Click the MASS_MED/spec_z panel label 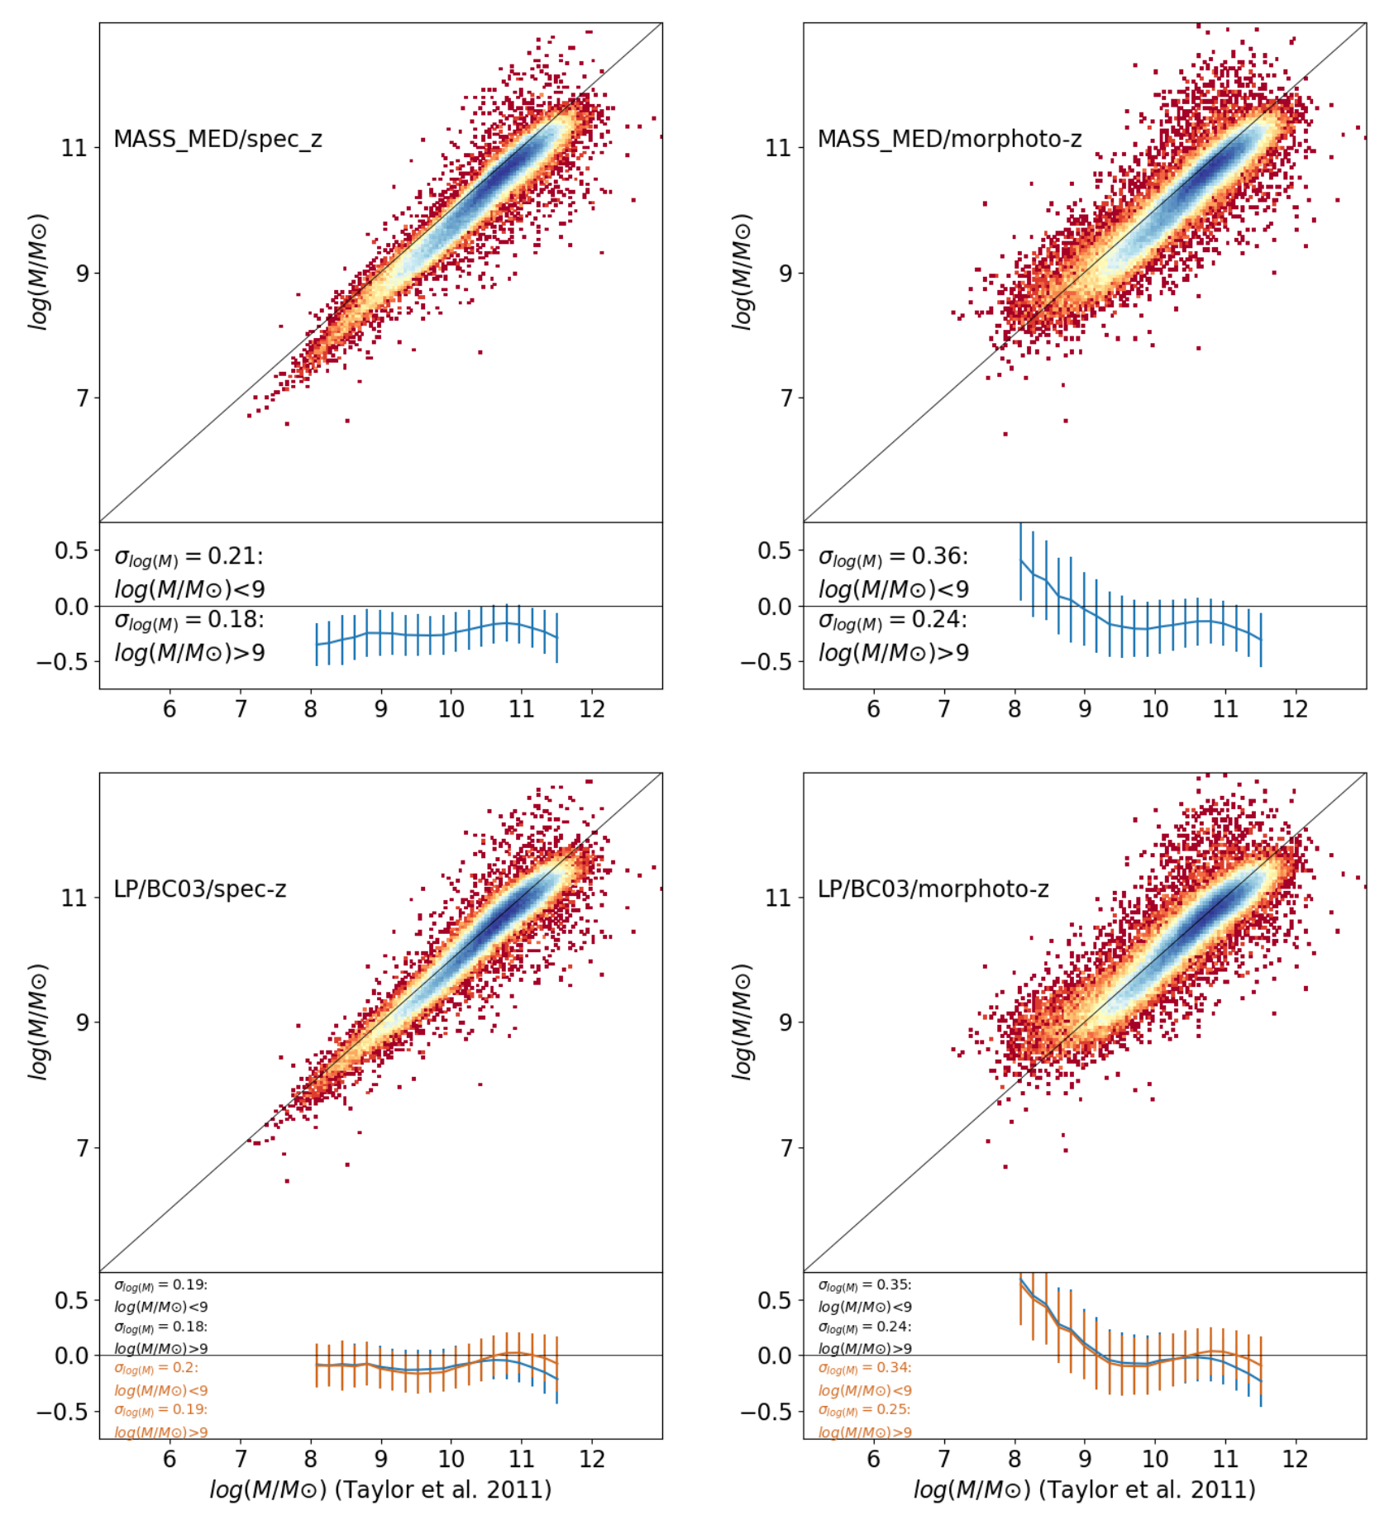(217, 139)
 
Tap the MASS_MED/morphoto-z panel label (949, 139)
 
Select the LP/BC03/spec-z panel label (200, 889)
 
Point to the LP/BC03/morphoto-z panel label (933, 889)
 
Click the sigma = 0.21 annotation (189, 557)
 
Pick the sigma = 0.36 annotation (893, 557)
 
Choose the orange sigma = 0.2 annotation (156, 1369)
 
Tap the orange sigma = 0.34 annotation (865, 1369)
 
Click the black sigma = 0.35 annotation (865, 1286)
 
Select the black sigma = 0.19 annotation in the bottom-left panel (161, 1286)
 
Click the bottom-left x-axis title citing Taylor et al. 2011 (380, 1490)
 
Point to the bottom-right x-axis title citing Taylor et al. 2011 (1085, 1490)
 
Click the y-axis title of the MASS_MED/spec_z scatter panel (38, 272)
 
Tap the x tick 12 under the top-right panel (1295, 709)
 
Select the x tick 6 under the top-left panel (169, 709)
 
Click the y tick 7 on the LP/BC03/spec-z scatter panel (82, 1148)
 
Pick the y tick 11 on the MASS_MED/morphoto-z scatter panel (779, 148)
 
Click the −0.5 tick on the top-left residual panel (63, 662)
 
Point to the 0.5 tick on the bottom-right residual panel (775, 1300)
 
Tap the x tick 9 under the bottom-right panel (1085, 1459)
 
